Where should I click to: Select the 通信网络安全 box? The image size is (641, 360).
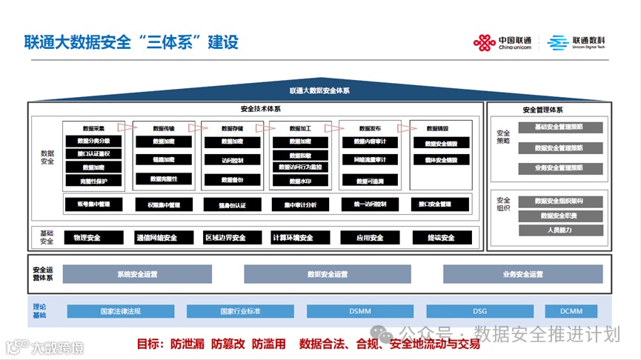click(156, 238)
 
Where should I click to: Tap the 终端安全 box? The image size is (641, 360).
click(441, 238)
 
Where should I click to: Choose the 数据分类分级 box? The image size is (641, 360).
click(93, 141)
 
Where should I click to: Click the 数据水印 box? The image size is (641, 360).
click(300, 180)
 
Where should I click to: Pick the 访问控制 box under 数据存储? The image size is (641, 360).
click(232, 160)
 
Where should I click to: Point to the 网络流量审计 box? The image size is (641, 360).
click(371, 160)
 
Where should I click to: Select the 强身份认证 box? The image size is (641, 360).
click(232, 204)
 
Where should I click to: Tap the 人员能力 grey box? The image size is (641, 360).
click(560, 230)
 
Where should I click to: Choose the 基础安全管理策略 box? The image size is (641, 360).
click(559, 127)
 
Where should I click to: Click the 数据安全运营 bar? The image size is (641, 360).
click(328, 274)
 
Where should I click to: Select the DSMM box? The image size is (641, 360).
click(360, 312)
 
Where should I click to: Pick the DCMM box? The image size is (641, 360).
click(571, 312)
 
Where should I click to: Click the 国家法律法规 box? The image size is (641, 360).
click(120, 312)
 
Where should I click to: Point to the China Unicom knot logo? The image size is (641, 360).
click(485, 43)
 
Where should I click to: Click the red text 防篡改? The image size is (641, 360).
click(227, 344)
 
